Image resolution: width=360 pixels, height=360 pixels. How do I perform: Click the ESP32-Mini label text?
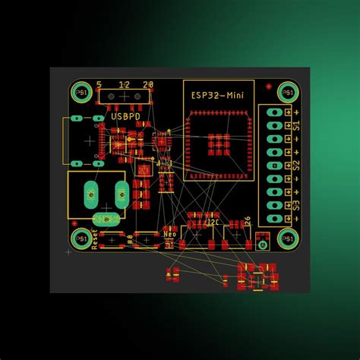point(217,96)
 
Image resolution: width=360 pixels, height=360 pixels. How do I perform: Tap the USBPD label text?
point(125,118)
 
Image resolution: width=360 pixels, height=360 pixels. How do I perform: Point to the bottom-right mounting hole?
point(287,239)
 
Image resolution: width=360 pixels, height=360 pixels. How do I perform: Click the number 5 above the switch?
point(99,84)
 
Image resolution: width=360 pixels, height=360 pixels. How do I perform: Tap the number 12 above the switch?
point(124,84)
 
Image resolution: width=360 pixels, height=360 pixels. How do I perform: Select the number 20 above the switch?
point(148,84)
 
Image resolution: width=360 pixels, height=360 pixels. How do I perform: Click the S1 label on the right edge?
point(297,125)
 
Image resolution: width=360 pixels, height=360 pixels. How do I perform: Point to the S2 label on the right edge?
point(297,165)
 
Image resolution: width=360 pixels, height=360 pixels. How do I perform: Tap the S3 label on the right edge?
point(297,205)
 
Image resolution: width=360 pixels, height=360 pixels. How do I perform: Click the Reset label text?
point(95,239)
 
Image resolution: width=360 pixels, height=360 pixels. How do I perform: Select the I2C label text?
point(213,223)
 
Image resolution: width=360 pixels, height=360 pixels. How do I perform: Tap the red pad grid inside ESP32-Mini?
point(219,143)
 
